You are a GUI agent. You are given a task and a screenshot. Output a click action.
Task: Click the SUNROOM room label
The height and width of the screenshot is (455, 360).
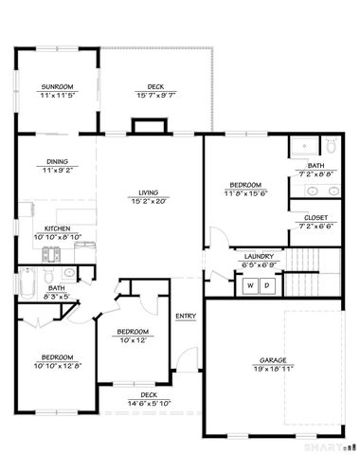point(57,86)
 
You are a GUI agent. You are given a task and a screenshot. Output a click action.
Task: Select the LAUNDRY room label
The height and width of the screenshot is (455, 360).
point(259,256)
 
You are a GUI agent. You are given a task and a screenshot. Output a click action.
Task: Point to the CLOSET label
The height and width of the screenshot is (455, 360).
point(316,217)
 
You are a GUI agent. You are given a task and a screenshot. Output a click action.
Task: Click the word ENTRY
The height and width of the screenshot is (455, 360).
point(186,316)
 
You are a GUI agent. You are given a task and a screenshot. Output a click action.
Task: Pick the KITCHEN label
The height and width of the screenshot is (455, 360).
point(57,228)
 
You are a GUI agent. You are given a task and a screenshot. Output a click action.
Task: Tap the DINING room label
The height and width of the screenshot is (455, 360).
point(57,161)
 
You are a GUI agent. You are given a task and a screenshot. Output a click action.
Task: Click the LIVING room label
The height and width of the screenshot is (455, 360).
point(148,193)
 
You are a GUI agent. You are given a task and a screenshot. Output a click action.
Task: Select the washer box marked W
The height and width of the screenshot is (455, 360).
point(252,284)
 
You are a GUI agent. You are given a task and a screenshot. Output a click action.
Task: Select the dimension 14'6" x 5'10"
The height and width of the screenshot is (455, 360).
point(149,403)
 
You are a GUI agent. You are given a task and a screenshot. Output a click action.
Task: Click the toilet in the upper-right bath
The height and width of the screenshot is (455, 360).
point(332,146)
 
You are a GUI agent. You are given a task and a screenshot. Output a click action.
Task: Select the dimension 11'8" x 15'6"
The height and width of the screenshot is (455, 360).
point(245,192)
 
